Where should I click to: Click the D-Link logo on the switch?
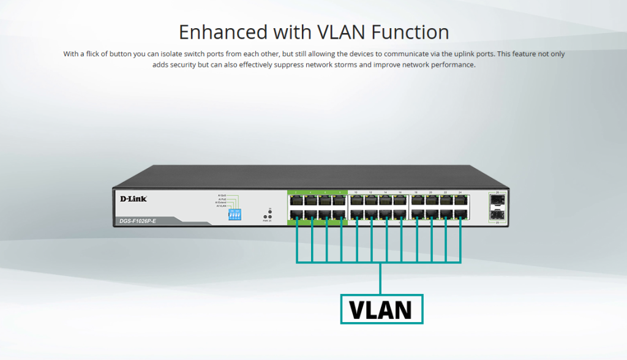[x=133, y=198]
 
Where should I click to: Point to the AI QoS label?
[x=222, y=195]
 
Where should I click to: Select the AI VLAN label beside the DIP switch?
[x=222, y=206]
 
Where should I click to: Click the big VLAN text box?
[x=381, y=309]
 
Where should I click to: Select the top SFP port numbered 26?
[x=495, y=200]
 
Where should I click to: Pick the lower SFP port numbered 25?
[x=495, y=214]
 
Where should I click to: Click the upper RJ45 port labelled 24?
[x=459, y=200]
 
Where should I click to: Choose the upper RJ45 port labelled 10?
[x=356, y=200]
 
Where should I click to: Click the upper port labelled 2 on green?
[x=295, y=200]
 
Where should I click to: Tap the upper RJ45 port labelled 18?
[x=416, y=200]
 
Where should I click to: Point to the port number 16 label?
[x=400, y=193]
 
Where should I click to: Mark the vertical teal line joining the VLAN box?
[x=380, y=279]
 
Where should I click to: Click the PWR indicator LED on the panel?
[x=265, y=217]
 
